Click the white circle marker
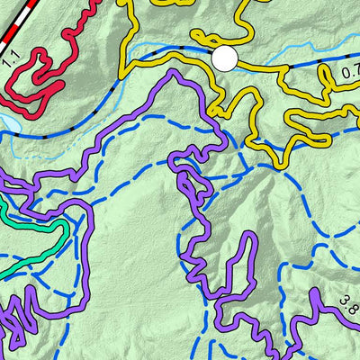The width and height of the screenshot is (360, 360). coord(224,59)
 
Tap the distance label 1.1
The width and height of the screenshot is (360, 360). coord(11,60)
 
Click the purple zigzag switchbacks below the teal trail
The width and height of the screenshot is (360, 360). coord(22,315)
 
